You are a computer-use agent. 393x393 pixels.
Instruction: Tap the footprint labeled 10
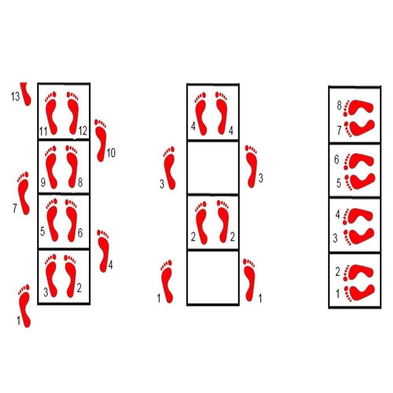click(x=101, y=140)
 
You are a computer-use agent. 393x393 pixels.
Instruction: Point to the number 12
click(x=83, y=131)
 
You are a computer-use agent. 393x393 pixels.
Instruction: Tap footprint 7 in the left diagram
click(x=24, y=193)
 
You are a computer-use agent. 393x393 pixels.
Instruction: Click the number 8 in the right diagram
click(x=339, y=105)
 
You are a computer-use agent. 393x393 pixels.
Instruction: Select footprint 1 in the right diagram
click(x=361, y=294)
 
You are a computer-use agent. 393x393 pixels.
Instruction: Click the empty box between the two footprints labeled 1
click(x=212, y=277)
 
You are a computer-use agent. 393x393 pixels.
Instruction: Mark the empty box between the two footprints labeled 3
click(x=212, y=167)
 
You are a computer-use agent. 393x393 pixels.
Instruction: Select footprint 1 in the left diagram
click(x=25, y=305)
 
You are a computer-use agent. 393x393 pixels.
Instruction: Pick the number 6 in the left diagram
click(x=80, y=234)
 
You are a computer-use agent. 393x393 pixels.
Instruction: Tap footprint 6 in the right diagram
click(x=361, y=161)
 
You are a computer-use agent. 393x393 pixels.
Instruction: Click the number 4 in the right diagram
click(x=337, y=215)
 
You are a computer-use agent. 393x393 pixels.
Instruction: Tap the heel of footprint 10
click(x=101, y=154)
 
